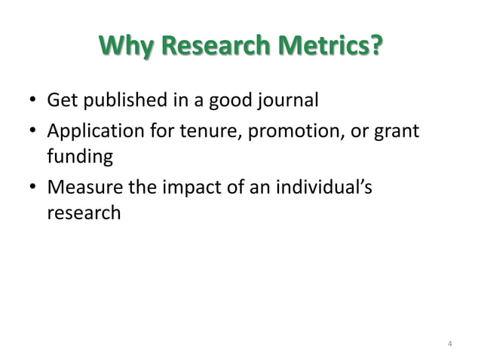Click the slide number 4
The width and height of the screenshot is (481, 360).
(x=449, y=345)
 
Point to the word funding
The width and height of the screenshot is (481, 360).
(x=80, y=157)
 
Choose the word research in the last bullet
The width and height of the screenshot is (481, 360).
(x=83, y=213)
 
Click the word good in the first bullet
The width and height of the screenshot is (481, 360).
(x=225, y=100)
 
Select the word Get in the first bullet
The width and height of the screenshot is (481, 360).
(x=60, y=100)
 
